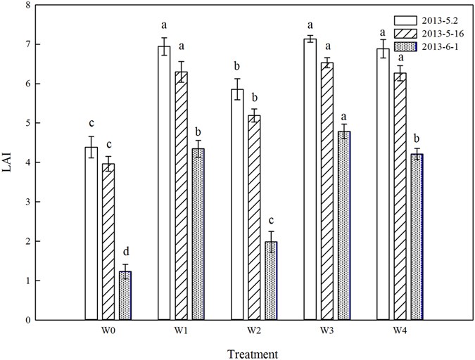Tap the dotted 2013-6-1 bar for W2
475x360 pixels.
pos(272,281)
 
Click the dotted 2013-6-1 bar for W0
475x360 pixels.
pos(125,295)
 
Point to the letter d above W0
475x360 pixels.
pos(125,251)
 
